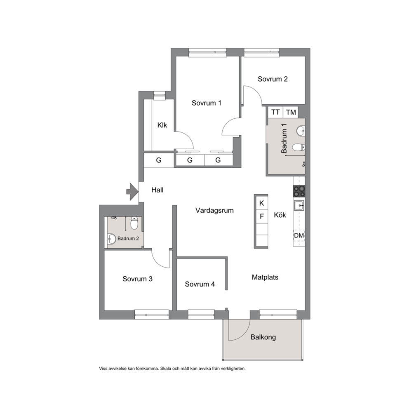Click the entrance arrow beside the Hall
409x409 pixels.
[132, 192]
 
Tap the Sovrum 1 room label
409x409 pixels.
[206, 103]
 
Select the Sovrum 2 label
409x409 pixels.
[273, 79]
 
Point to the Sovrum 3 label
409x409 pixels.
[137, 279]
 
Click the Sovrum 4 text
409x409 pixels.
[200, 284]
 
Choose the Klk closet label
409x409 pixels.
[162, 125]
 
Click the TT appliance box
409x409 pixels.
[275, 112]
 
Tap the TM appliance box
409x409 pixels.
[291, 112]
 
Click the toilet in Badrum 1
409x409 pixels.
[299, 147]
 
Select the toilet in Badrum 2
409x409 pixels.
[134, 223]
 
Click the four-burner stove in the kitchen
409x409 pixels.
[299, 191]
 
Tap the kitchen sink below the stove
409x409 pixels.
[299, 206]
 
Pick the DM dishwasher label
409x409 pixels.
[299, 235]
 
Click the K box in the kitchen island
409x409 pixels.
[262, 203]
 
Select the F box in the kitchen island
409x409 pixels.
[262, 216]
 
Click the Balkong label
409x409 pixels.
[263, 337]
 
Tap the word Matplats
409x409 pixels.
[265, 277]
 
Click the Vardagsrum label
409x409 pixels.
[214, 211]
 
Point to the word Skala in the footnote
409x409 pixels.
[165, 369]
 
